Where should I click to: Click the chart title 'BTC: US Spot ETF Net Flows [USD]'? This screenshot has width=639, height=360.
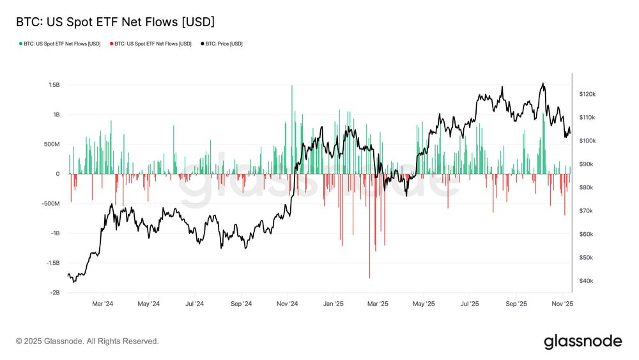115,22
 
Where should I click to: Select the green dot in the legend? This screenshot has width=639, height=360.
20,44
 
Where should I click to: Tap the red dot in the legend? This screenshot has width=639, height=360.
111,44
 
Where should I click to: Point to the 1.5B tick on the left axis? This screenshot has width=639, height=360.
53,85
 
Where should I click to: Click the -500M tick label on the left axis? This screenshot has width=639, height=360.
50,204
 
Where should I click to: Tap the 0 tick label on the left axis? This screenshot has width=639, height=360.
58,174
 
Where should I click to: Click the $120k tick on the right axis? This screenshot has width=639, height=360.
587,94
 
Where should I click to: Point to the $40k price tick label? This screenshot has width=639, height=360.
586,281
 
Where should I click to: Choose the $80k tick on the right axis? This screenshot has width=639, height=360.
586,187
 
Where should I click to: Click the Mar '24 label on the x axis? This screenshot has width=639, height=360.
102,304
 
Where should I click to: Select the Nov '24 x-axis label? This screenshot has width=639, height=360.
288,304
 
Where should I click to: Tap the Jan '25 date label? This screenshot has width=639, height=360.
334,304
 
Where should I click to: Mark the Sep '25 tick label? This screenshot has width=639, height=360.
516,304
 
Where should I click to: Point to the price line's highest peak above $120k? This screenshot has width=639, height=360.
543,84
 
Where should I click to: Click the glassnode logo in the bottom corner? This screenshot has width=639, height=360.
582,341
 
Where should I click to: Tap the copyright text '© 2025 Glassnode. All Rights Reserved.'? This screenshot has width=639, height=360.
88,341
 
